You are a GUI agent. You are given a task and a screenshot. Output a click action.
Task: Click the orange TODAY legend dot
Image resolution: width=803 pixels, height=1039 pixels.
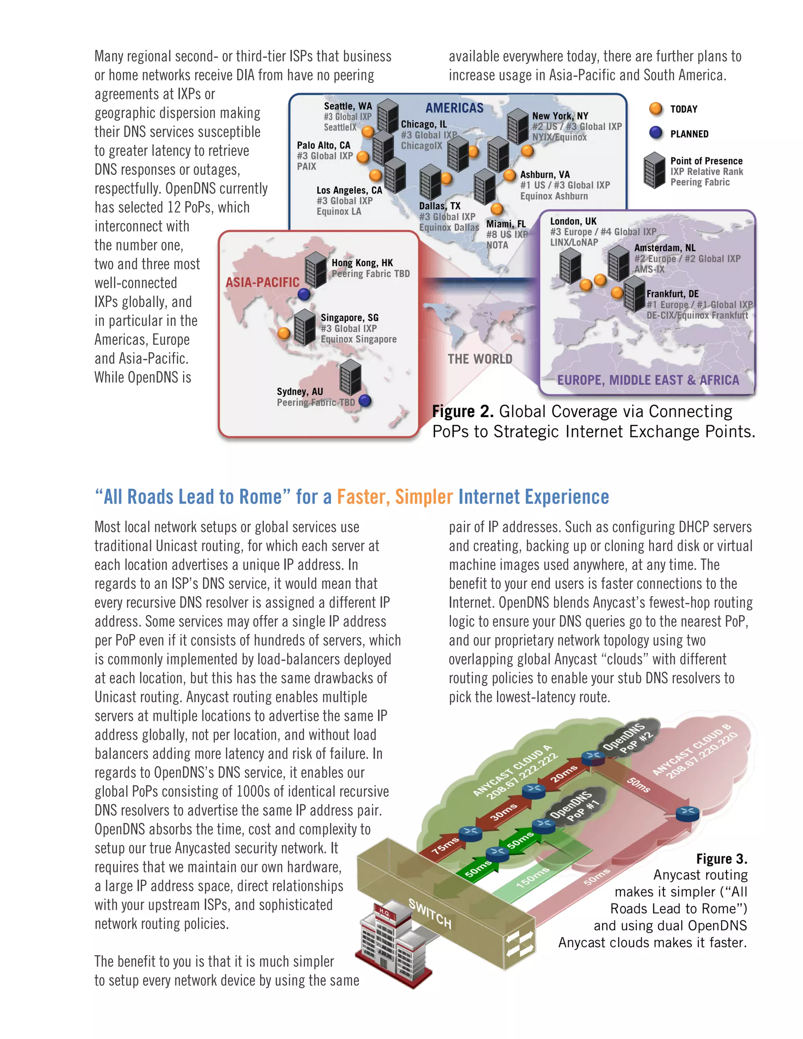[x=656, y=109]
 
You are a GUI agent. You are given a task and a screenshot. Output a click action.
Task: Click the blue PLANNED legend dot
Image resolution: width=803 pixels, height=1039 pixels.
[x=656, y=133]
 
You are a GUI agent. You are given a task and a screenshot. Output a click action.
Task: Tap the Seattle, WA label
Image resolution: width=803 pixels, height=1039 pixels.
[x=348, y=106]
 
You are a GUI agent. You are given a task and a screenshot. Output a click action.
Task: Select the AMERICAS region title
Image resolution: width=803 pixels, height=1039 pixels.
[x=454, y=108]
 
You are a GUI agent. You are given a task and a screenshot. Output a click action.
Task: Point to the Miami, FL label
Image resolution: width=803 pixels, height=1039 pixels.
[x=506, y=224]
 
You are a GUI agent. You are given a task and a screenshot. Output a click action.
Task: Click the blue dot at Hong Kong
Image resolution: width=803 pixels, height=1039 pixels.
[x=304, y=294]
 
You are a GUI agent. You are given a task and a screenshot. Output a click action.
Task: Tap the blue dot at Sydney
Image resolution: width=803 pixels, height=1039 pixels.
[x=365, y=401]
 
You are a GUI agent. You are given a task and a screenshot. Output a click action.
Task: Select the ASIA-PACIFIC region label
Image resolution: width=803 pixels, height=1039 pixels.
[x=262, y=283]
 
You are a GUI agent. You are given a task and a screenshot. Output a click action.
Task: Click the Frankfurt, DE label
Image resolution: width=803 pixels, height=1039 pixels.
[x=672, y=294]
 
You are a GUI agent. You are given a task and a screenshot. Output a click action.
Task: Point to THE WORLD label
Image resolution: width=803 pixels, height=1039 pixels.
[x=480, y=359]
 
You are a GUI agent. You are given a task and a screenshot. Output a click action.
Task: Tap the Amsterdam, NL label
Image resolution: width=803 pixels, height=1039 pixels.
[x=665, y=248]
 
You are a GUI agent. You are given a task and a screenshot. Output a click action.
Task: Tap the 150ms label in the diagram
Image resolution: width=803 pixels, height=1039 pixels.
[x=533, y=877]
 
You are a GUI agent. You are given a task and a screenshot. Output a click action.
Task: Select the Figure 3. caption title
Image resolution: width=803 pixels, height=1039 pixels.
[x=721, y=859]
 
